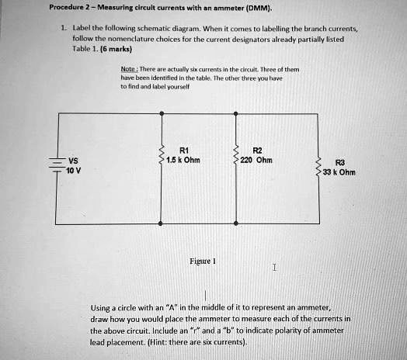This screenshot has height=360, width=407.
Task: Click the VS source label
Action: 73,161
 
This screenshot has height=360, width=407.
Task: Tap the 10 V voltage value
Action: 73,171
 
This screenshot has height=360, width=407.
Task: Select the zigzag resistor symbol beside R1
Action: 161,156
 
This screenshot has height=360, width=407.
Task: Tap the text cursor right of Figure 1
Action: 275,268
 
